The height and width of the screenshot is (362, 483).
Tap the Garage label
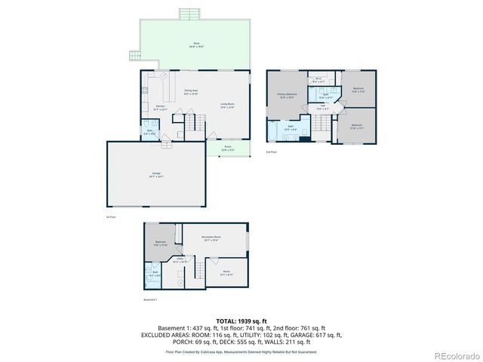tap(156, 175)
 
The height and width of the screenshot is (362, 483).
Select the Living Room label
tap(228, 106)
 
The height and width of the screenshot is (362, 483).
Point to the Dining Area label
tap(191, 92)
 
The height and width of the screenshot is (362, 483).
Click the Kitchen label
tap(160, 107)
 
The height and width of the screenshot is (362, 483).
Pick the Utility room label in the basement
tap(180, 260)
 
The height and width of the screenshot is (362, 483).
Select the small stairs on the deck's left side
tap(135, 54)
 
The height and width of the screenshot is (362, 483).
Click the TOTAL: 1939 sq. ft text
tap(241, 321)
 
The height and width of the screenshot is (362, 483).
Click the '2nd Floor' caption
tap(271, 152)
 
